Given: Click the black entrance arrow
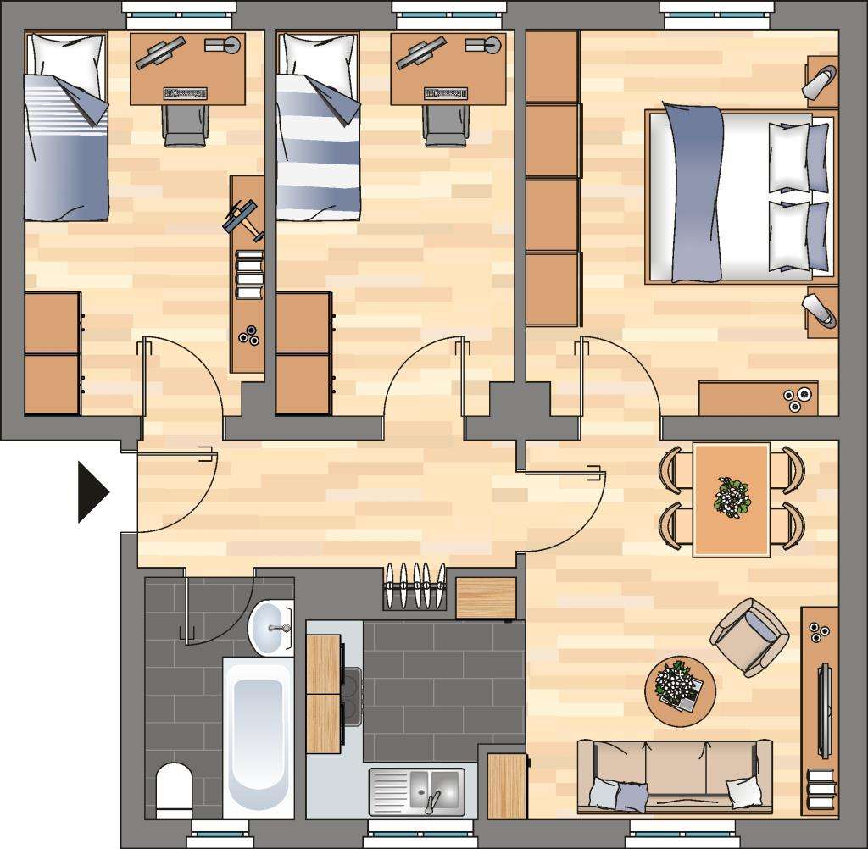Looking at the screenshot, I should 92,491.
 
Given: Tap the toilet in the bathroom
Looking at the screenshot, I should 175,790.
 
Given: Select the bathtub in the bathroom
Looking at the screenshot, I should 258,735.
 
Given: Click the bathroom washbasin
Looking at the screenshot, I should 270,627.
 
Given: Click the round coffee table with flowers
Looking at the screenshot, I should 680,691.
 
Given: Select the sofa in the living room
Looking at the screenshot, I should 674,775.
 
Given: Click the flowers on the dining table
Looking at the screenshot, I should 732,497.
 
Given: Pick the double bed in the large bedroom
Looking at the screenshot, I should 737,194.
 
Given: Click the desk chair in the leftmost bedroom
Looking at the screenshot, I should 185,125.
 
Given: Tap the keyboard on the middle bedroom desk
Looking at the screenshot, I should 446,92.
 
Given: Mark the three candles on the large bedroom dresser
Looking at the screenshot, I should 795,398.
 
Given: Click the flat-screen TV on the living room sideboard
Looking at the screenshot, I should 824,712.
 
